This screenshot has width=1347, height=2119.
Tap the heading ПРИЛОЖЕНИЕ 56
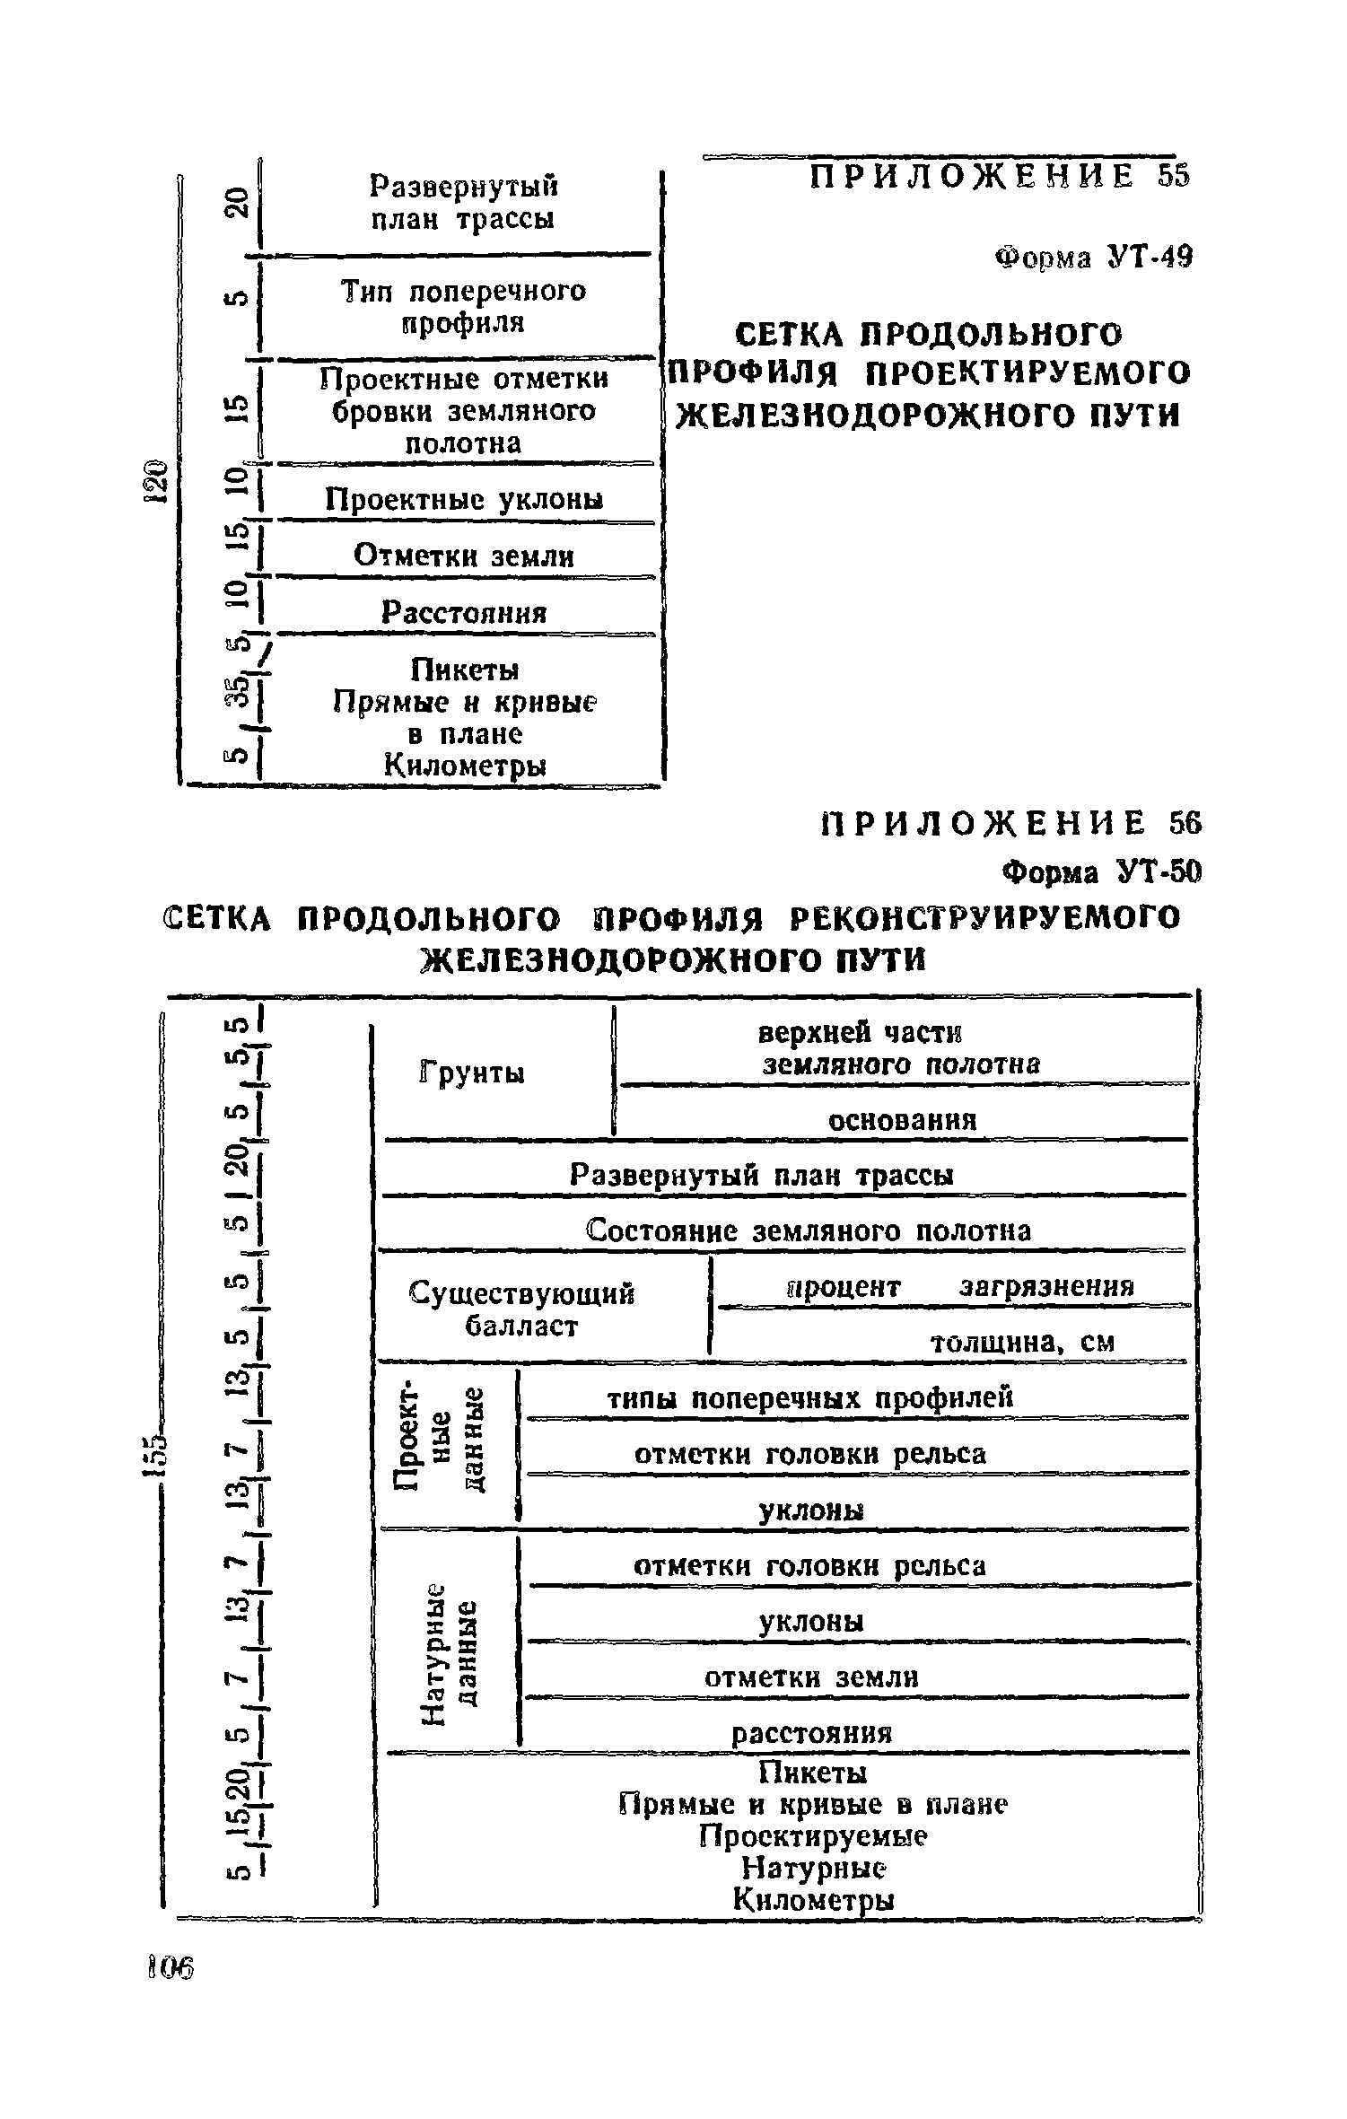[x=1010, y=823]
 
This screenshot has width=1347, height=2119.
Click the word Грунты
[x=472, y=1073]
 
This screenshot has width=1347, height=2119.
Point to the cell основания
[x=902, y=1120]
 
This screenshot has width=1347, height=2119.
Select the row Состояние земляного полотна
[x=808, y=1230]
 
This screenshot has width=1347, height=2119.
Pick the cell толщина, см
[x=1021, y=1342]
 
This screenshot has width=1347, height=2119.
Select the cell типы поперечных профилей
[x=809, y=1398]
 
